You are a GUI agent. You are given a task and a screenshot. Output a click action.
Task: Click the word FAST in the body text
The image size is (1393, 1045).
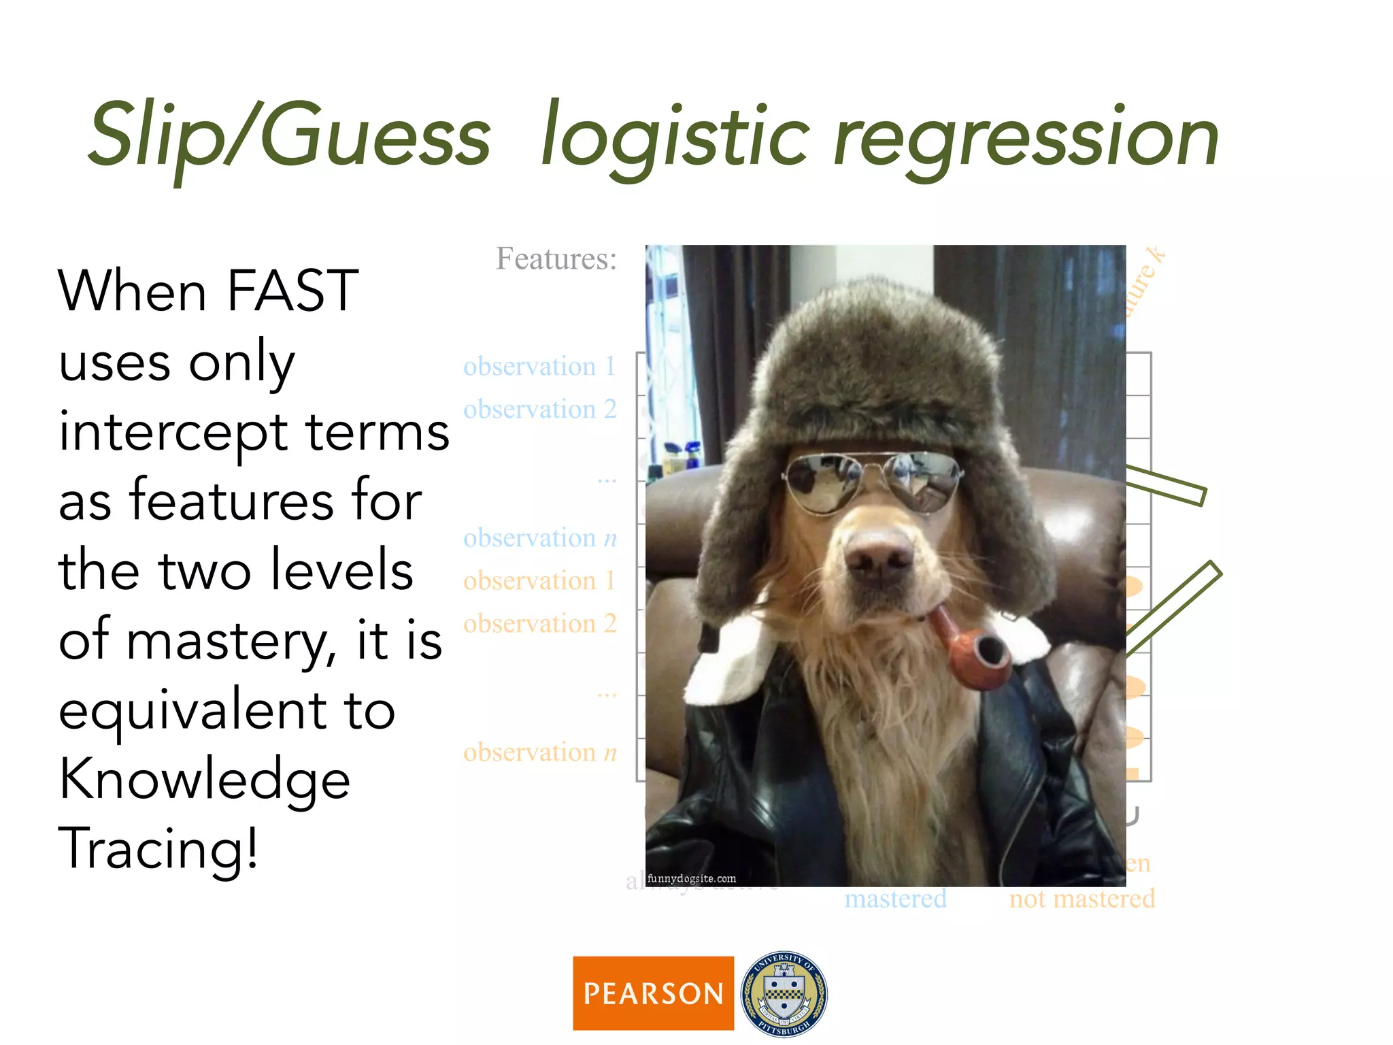point(292,291)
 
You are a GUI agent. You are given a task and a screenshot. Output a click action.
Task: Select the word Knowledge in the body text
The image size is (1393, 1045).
point(204,780)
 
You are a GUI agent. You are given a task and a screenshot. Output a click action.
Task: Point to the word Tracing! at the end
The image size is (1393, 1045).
point(158,849)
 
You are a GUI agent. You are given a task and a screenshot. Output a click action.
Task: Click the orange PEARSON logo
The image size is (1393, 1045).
point(653,993)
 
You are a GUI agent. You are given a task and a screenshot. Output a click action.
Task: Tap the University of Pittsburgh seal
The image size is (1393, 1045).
point(784,993)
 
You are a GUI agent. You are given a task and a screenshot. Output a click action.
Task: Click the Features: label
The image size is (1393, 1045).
point(556,259)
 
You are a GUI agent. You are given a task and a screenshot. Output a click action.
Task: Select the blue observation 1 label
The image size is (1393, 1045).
point(539,367)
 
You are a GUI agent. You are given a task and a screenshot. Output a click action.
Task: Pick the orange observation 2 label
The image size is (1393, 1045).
point(539,624)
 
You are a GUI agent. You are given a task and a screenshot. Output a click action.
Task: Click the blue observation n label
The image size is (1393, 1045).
point(539,538)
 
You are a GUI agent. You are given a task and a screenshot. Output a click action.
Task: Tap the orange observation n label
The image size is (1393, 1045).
point(539,752)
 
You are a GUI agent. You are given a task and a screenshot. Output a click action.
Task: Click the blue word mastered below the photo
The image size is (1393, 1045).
point(895,899)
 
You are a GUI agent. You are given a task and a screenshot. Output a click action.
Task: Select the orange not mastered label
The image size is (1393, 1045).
point(1081,899)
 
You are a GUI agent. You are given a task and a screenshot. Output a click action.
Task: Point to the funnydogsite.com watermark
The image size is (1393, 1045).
point(691,878)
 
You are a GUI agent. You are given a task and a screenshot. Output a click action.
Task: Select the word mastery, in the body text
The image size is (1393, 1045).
point(231,641)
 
